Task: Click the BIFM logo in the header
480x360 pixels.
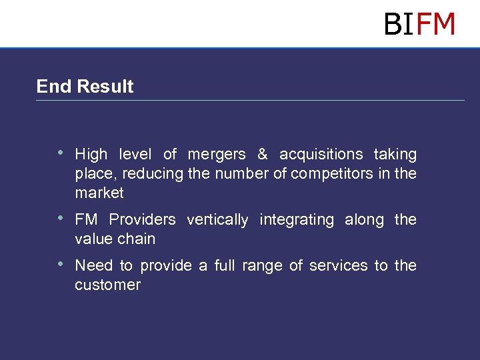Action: (419, 25)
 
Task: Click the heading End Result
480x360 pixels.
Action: (85, 87)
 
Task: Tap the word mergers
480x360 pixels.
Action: (217, 155)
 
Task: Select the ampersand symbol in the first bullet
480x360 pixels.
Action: (262, 155)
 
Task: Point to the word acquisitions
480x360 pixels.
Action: (321, 155)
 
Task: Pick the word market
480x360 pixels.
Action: (99, 193)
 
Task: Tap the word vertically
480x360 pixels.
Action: (217, 220)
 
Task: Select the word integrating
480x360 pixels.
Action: (296, 220)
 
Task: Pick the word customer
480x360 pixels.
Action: (108, 285)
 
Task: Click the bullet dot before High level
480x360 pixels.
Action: (61, 153)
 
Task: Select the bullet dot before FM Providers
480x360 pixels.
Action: (61, 218)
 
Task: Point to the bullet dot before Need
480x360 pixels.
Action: (61, 264)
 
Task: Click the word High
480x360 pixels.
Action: (91, 155)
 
